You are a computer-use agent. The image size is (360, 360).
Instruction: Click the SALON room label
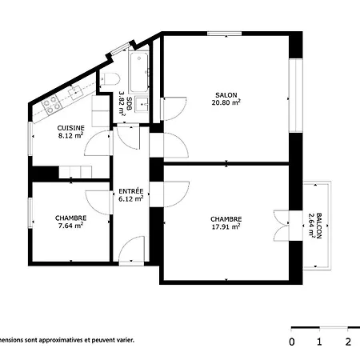click(x=226, y=93)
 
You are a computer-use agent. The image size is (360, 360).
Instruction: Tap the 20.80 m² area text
click(x=226, y=102)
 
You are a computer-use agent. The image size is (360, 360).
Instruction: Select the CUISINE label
click(x=71, y=128)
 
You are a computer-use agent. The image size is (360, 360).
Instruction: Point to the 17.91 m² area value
click(x=226, y=226)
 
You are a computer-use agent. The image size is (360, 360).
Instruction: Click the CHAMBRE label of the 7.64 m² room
click(x=71, y=218)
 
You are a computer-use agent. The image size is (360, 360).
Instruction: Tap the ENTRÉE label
click(x=130, y=191)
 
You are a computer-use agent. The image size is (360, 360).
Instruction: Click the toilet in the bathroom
click(x=110, y=78)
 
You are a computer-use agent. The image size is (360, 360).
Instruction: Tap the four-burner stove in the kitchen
click(x=52, y=103)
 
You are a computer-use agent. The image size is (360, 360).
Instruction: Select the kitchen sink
click(x=78, y=91)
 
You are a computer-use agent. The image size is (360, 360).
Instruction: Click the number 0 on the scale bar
click(x=292, y=342)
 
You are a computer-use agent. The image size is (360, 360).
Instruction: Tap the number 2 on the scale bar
click(x=348, y=342)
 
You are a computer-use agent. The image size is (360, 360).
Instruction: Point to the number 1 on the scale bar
click(x=319, y=342)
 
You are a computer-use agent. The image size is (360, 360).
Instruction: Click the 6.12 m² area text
click(x=130, y=199)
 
